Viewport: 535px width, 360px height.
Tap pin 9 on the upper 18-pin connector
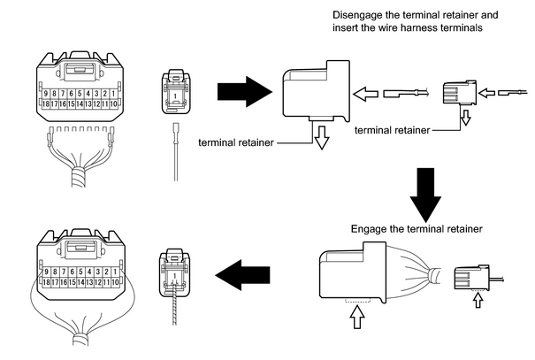pos(46,94)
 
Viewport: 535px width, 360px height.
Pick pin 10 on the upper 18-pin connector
pos(113,103)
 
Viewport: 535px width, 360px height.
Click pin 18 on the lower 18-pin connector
pos(46,282)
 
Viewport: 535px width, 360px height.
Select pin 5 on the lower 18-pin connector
pos(80,272)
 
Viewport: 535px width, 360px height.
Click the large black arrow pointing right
pos(245,91)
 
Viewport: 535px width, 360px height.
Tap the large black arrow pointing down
pos(425,195)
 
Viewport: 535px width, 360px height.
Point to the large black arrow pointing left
pos(242,275)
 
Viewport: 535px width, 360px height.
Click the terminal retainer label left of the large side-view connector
pos(236,142)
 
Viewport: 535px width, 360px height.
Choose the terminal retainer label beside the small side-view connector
pos(393,130)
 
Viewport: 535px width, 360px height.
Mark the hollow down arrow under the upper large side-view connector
pos(322,137)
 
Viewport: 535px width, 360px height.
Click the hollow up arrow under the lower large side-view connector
pos(357,317)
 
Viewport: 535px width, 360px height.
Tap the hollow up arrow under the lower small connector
pos(478,301)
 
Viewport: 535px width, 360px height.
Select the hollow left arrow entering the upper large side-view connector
pos(365,94)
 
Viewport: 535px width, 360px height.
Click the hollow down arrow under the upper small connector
pos(466,118)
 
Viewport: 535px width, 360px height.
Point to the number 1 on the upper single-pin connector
pos(175,96)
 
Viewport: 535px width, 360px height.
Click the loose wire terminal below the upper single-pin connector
pos(176,152)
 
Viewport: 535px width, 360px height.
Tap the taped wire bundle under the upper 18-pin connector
pos(79,178)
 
